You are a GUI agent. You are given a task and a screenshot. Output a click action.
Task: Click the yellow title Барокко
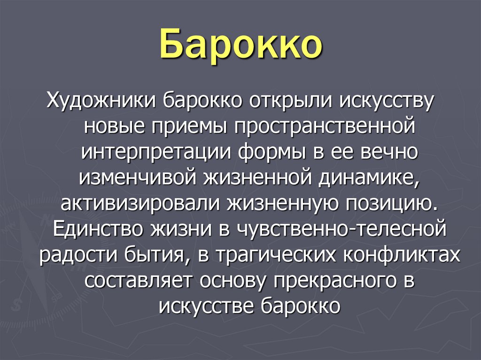(x=241, y=46)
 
